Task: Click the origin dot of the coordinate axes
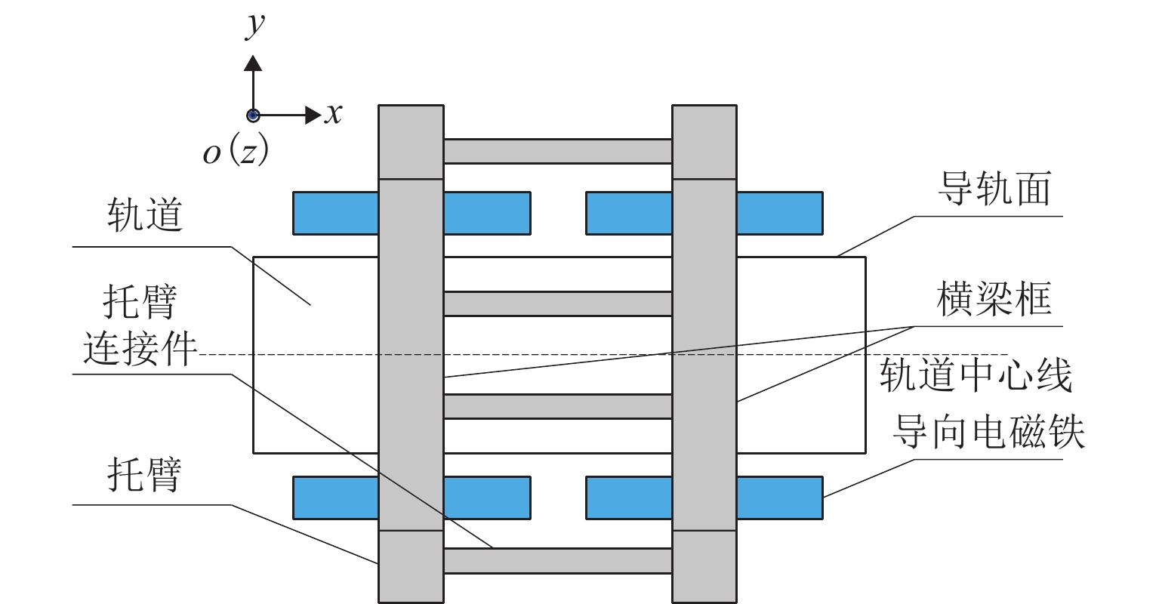pos(253,116)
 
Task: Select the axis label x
pos(333,114)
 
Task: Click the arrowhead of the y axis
pos(253,63)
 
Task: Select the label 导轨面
pos(994,189)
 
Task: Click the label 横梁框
pos(994,300)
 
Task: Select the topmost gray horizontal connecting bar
pos(557,151)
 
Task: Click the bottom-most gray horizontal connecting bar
pos(557,561)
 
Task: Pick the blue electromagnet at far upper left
pos(334,213)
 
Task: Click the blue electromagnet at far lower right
pos(779,498)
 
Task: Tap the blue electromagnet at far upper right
pos(779,213)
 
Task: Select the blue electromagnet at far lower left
pos(334,498)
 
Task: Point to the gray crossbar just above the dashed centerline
pos(557,304)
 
